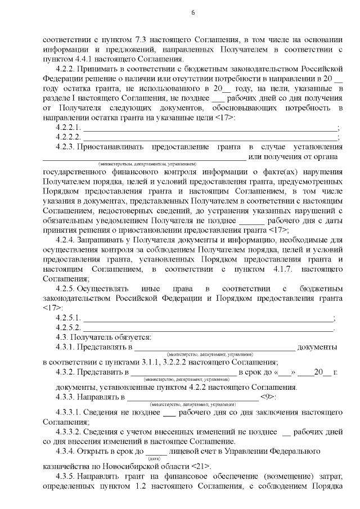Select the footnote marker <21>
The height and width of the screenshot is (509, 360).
[201, 466]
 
